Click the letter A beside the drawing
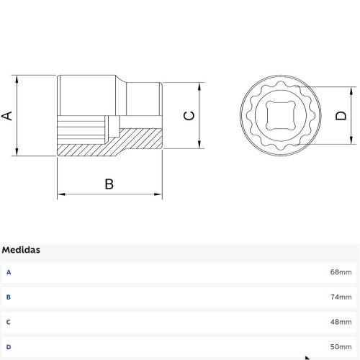tap(7, 116)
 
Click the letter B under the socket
tap(109, 184)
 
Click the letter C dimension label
tap(189, 116)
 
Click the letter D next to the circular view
tap(341, 116)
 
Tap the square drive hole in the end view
tap(281, 115)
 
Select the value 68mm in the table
tap(341, 272)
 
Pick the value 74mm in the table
tap(341, 297)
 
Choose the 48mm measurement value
tap(341, 322)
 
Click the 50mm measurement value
tap(341, 347)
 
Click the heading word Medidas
tap(21, 250)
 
